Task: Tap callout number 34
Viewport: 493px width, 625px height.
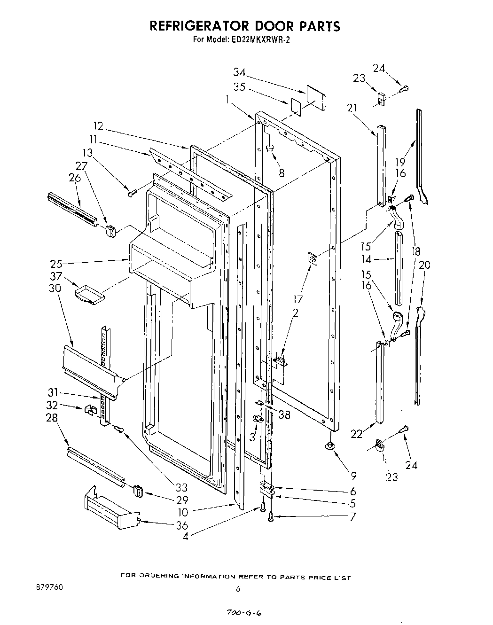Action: tap(240, 72)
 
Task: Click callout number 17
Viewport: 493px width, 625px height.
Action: tap(297, 299)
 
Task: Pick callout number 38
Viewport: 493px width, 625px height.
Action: tap(284, 415)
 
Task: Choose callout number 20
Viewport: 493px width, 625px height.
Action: tap(424, 265)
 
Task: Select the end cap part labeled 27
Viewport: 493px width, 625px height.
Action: tap(111, 231)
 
